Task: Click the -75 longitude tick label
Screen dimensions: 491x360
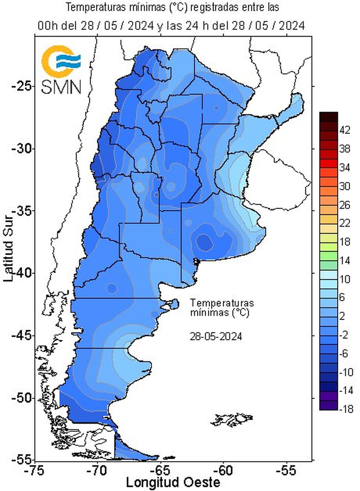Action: click(35, 471)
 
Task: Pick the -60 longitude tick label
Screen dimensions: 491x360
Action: click(224, 471)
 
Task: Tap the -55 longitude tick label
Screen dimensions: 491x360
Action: click(287, 471)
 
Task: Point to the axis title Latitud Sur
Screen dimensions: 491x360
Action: click(9, 245)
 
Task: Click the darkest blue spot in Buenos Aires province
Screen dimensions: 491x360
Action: click(205, 241)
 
